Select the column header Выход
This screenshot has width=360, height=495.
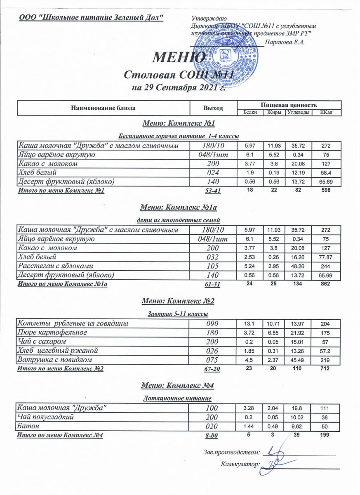pyautogui.click(x=213, y=108)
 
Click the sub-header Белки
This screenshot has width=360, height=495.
pyautogui.click(x=250, y=112)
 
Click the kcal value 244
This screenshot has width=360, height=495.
pyautogui.click(x=324, y=266)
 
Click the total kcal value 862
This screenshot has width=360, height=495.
pyautogui.click(x=324, y=284)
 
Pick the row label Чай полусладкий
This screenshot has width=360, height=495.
pyautogui.click(x=45, y=417)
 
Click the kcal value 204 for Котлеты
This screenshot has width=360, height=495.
pyautogui.click(x=324, y=324)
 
